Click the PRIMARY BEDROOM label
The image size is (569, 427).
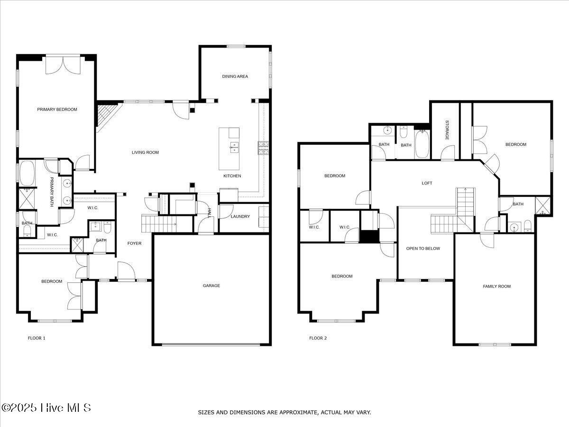point(57,110)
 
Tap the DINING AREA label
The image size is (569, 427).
point(235,76)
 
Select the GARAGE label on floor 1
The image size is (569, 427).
point(211,286)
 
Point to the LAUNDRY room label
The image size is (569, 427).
point(240,217)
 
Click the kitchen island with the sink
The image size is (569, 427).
point(229,148)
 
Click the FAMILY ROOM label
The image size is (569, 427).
point(496,286)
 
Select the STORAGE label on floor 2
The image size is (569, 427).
point(447,130)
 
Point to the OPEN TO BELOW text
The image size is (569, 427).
point(423,249)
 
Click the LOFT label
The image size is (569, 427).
point(427,183)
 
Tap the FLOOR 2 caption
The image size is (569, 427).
point(318,338)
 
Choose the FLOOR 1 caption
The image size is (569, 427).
point(37,338)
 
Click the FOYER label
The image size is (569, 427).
point(134,243)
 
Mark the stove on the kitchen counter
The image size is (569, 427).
point(263,148)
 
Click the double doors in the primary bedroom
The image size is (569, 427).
point(63,65)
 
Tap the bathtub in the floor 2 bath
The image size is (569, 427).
point(422,145)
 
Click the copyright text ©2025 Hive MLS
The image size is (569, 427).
point(46,408)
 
